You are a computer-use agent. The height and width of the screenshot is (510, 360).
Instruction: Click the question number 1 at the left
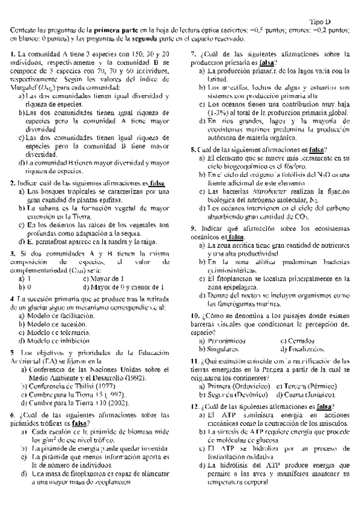pyautogui.click(x=13, y=55)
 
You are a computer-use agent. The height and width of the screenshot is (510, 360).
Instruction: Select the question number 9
pyautogui.click(x=193, y=229)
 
